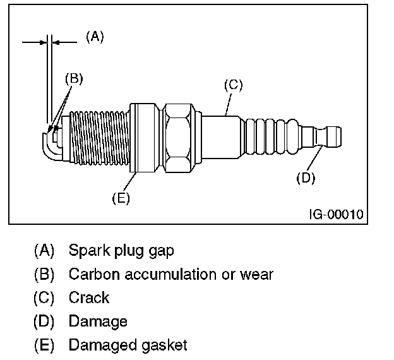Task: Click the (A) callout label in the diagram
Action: tap(95, 37)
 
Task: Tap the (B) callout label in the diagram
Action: tap(74, 79)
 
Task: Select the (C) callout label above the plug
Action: tap(233, 85)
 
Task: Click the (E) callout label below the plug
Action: tap(121, 198)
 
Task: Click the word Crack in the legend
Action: tap(89, 297)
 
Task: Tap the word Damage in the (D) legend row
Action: tap(98, 321)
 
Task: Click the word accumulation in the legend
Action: tap(164, 274)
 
